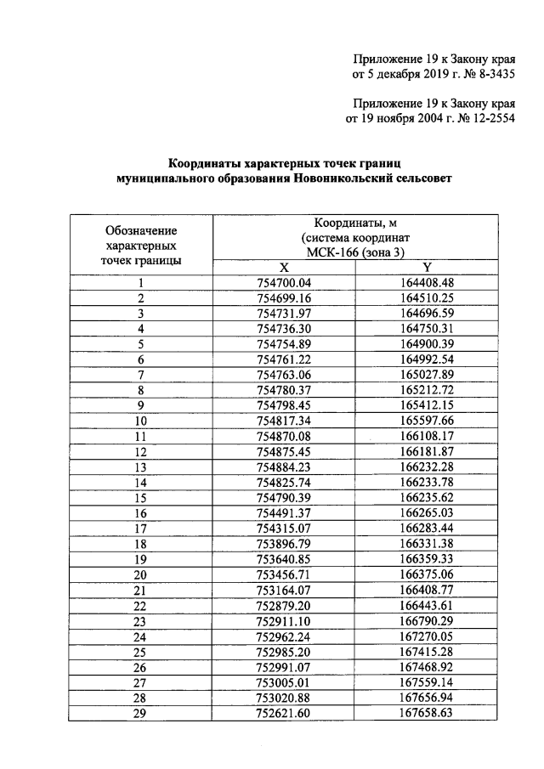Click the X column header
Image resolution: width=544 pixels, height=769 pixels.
pos(284,267)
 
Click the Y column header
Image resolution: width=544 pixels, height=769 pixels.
pos(427,267)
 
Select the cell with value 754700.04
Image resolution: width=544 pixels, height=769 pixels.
pos(284,282)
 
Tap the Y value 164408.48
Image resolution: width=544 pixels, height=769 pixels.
pos(427,282)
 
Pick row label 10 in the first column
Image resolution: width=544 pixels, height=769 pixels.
pos(140,421)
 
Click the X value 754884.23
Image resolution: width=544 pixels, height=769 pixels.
pos(284,467)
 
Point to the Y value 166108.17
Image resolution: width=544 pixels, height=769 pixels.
pos(427,436)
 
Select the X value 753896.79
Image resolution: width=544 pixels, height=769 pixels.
pos(284,544)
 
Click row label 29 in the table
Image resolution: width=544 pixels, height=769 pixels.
pos(140,713)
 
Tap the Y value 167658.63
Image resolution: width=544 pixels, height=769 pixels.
pos(427,713)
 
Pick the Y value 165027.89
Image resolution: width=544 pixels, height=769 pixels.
pos(427,375)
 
